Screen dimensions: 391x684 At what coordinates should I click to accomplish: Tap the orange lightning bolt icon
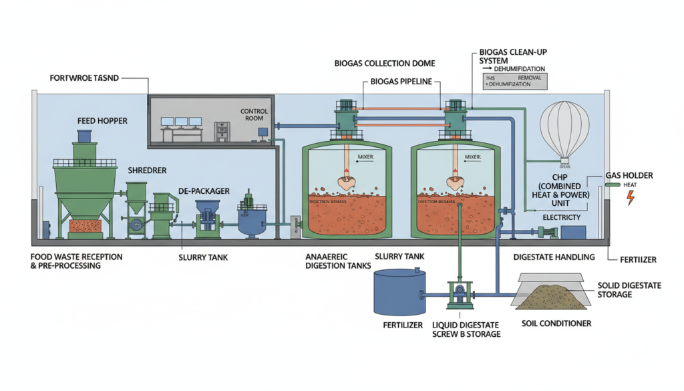[629, 197]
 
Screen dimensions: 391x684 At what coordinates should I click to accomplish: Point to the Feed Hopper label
[102, 121]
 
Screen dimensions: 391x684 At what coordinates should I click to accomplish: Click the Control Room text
[254, 115]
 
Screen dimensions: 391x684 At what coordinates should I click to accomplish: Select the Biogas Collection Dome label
[384, 63]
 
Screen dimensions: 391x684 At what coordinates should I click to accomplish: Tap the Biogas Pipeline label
[401, 82]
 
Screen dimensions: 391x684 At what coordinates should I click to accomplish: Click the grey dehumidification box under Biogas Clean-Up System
[514, 82]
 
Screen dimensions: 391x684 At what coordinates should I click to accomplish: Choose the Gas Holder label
[629, 175]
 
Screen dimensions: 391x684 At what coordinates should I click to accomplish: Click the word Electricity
[561, 217]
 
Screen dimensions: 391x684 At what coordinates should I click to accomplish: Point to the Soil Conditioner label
[555, 323]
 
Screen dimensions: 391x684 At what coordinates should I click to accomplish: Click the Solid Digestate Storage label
[629, 289]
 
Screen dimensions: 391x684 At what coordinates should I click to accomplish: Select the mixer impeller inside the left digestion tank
[347, 178]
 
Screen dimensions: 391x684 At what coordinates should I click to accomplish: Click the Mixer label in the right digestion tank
[473, 158]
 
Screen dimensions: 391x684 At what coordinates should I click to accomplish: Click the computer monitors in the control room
[180, 122]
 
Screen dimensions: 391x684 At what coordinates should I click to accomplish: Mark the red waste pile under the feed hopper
[85, 226]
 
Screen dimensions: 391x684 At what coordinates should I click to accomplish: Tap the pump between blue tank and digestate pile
[458, 293]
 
